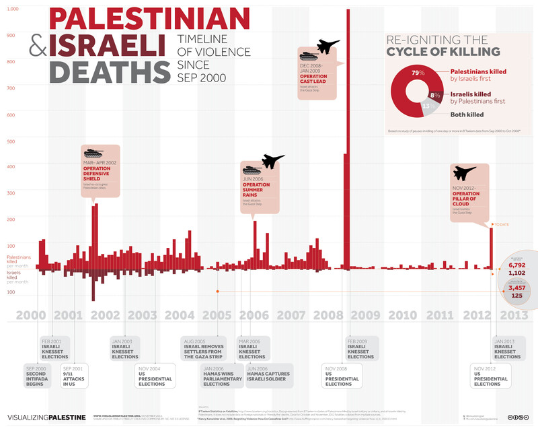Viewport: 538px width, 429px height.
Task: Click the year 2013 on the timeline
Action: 512,315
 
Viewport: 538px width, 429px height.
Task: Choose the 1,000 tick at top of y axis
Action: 13,9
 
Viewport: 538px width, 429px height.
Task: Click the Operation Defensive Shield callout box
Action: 101,171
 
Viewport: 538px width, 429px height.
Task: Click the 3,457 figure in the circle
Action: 516,288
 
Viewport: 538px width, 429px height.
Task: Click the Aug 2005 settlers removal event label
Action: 206,348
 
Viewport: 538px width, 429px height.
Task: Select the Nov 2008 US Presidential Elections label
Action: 341,375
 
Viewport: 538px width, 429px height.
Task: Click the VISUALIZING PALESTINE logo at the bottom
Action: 47,418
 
